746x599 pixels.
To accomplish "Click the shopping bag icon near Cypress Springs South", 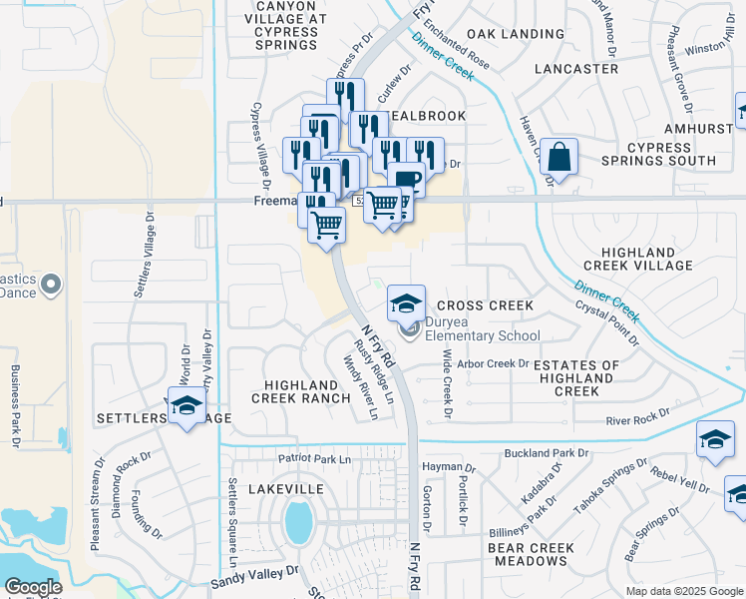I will click(x=559, y=158).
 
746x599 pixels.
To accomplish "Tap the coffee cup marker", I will click(x=406, y=180).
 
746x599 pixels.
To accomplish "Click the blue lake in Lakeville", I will click(x=296, y=520).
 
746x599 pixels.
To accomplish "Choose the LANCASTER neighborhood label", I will click(x=576, y=69).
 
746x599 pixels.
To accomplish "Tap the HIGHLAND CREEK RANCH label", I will click(x=307, y=391).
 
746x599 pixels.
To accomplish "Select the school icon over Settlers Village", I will click(x=186, y=406).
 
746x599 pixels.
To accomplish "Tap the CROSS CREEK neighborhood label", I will click(x=485, y=305).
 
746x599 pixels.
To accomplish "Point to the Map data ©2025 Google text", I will click(x=683, y=591).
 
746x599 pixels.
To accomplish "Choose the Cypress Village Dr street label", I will click(x=260, y=144).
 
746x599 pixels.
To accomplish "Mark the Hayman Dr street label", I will click(x=449, y=467).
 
